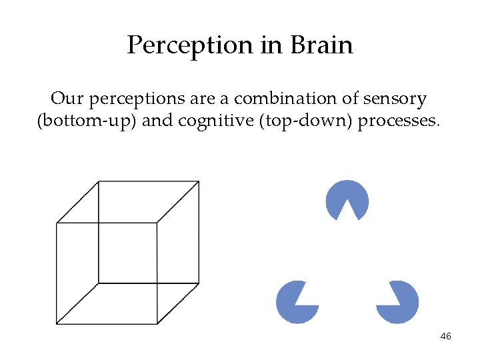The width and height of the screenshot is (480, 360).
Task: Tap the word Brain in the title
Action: point(321,45)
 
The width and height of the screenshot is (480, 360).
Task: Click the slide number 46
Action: point(446,337)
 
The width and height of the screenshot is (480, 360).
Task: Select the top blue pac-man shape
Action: point(347,199)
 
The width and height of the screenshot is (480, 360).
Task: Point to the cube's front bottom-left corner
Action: point(57,324)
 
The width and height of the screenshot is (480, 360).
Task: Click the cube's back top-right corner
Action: point(199,181)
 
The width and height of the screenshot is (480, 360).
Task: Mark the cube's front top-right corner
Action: point(157,223)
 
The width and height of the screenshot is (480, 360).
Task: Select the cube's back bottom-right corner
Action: point(199,283)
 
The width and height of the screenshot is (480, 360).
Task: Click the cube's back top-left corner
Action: point(99,181)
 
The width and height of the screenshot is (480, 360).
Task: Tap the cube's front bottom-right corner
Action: point(157,324)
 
